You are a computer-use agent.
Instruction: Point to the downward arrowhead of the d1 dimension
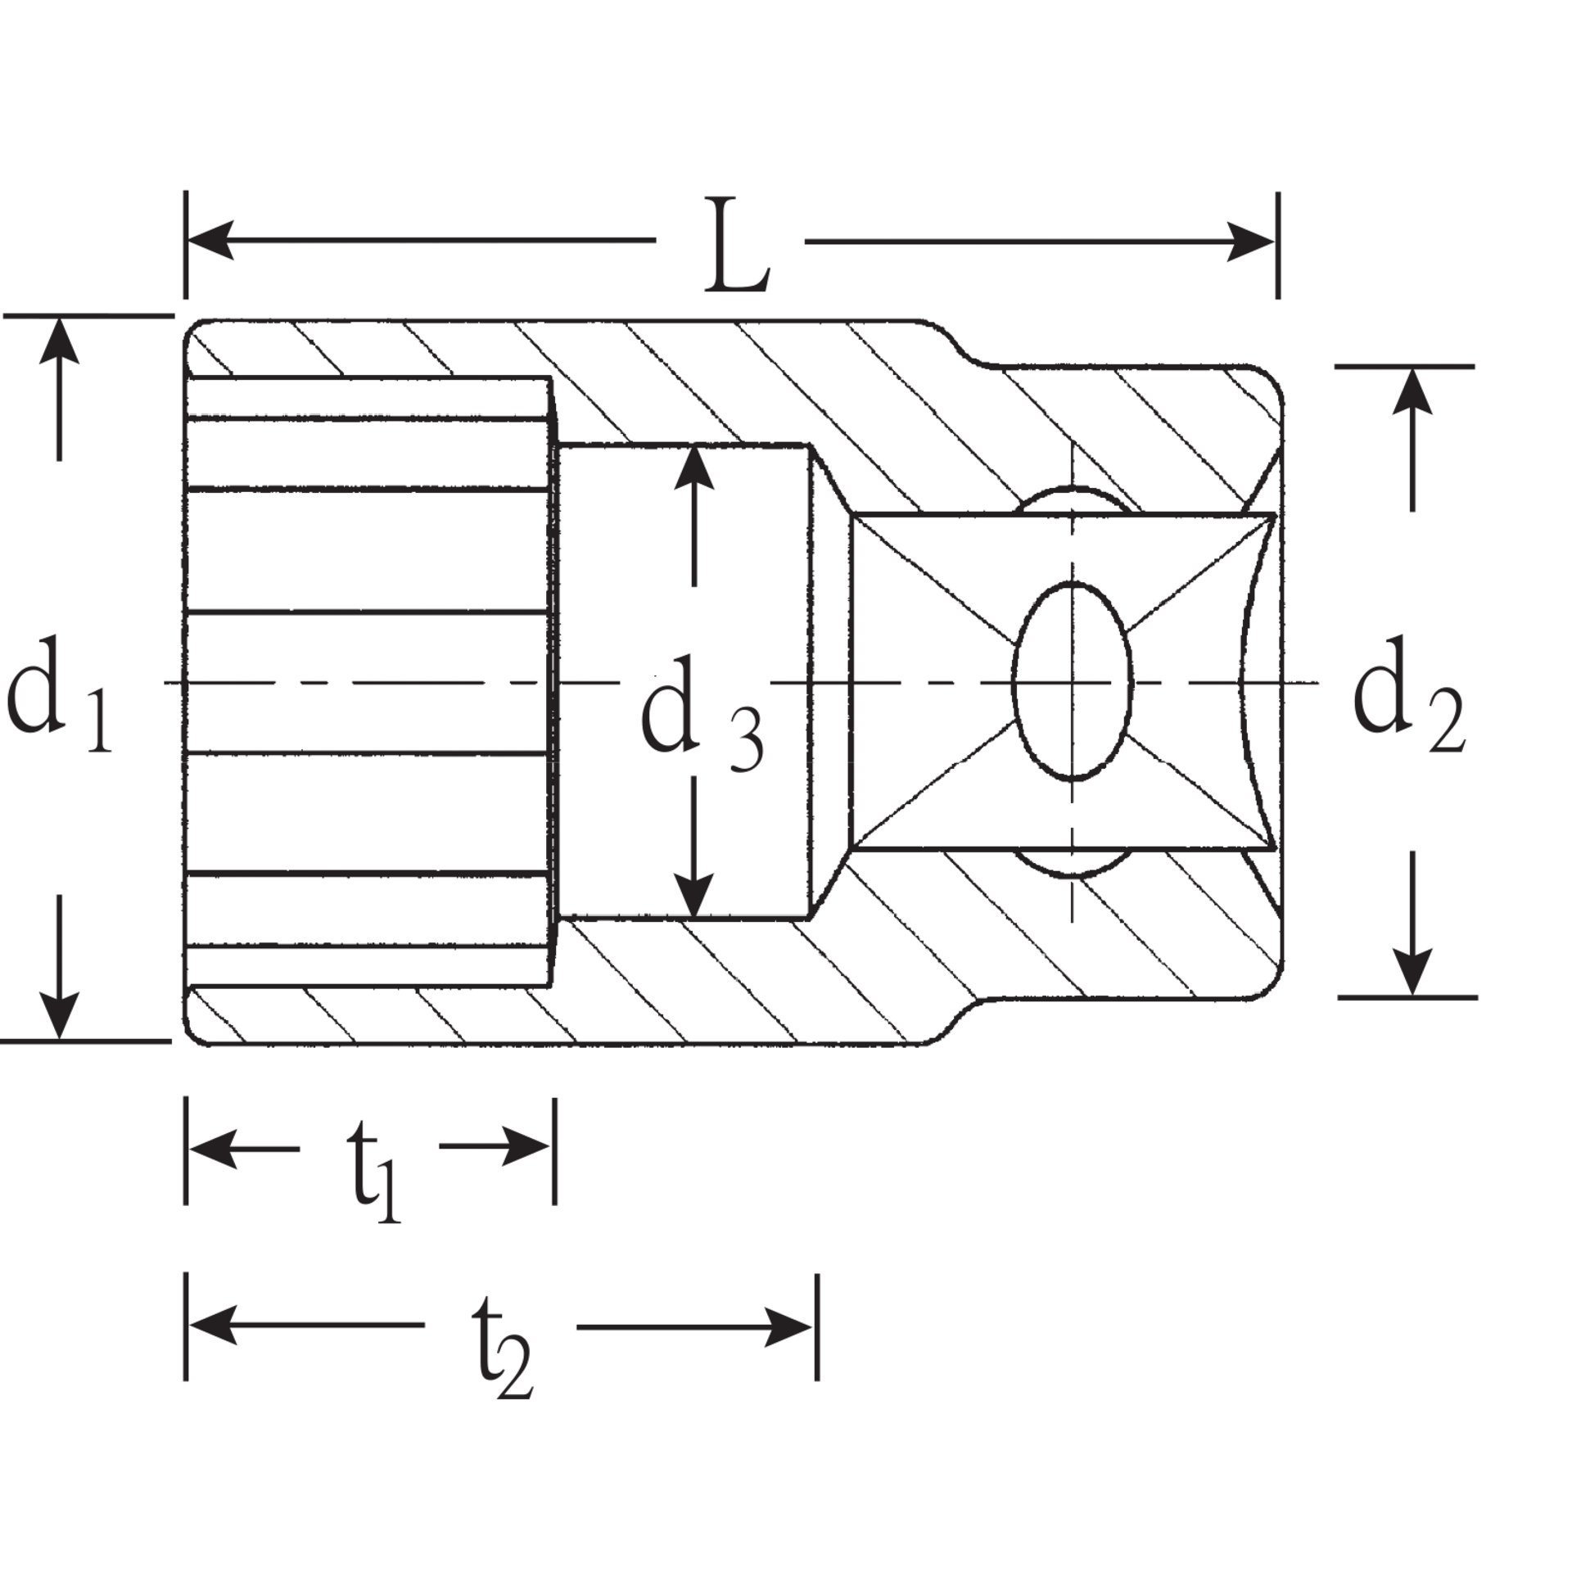(x=59, y=1015)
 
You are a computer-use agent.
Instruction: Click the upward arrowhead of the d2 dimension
(x=1412, y=393)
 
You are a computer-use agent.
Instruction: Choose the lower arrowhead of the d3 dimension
(x=694, y=896)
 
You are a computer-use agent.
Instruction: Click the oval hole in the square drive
(x=1073, y=681)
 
